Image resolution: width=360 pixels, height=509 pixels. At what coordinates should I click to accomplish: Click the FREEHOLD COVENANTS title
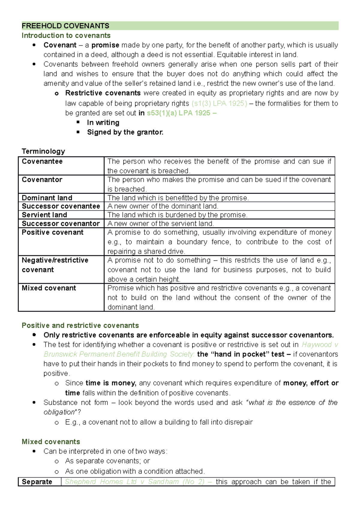pyautogui.click(x=65, y=26)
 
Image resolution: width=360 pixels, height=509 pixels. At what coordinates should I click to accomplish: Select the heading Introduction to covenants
pyautogui.click(x=66, y=35)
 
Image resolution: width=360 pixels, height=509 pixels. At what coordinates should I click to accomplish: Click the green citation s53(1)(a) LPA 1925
pyautogui.click(x=178, y=113)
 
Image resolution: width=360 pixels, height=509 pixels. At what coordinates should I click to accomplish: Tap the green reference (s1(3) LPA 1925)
pyautogui.click(x=219, y=103)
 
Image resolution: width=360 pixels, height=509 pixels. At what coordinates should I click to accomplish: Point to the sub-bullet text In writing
pyautogui.click(x=103, y=123)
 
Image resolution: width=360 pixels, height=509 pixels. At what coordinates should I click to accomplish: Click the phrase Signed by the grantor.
pyautogui.click(x=125, y=132)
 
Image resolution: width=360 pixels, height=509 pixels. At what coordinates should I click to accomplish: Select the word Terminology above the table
pyautogui.click(x=43, y=151)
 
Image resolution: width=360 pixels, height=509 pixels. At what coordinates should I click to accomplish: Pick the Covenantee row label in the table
pyautogui.click(x=42, y=161)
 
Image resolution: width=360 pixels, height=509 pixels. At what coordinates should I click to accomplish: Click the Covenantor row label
pyautogui.click(x=42, y=180)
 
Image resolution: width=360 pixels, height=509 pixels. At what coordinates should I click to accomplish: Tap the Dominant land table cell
pyautogui.click(x=47, y=198)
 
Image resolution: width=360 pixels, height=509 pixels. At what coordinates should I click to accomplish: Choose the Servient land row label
pyautogui.click(x=44, y=215)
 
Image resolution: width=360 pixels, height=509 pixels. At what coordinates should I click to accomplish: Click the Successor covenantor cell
pyautogui.click(x=61, y=224)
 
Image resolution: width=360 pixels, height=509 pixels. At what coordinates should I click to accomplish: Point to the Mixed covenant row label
pyautogui.click(x=49, y=288)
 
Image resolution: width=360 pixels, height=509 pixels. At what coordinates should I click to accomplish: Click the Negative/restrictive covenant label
pyautogui.click(x=55, y=265)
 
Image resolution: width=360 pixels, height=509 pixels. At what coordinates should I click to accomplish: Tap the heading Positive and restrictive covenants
pyautogui.click(x=80, y=326)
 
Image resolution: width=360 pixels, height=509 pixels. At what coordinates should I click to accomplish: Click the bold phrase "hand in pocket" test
pyautogui.click(x=240, y=354)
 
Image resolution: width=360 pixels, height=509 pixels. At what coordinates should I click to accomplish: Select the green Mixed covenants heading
pyautogui.click(x=51, y=442)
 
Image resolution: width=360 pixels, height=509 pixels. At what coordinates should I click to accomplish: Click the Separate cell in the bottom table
pyautogui.click(x=37, y=482)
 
